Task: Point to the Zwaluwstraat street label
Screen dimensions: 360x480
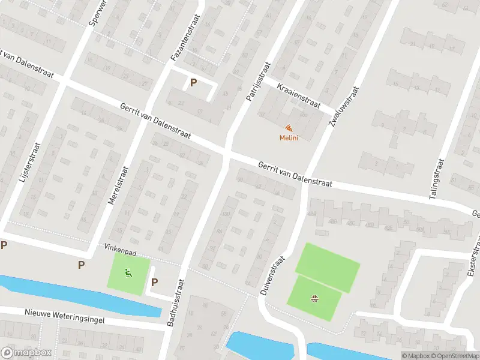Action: click(x=343, y=106)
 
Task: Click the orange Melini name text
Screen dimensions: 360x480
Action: click(x=289, y=138)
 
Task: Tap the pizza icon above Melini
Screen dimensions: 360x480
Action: click(x=289, y=128)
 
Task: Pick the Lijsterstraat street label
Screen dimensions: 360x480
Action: click(x=29, y=171)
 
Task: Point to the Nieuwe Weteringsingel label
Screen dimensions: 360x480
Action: click(x=65, y=316)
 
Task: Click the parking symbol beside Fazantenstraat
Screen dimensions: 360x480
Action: click(x=193, y=83)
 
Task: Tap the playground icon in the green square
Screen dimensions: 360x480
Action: click(x=128, y=274)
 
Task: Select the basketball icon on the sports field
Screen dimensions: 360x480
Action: click(x=314, y=298)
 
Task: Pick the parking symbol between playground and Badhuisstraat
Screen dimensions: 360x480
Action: click(x=154, y=283)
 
